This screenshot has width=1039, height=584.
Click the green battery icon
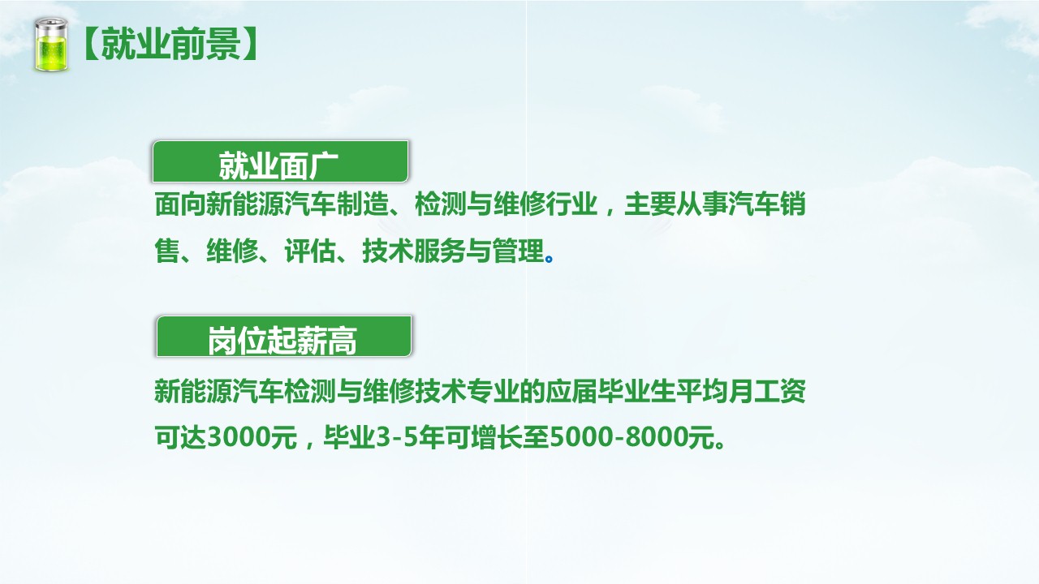(51, 45)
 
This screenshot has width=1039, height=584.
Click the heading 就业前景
(171, 44)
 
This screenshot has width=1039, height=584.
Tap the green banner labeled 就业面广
(280, 161)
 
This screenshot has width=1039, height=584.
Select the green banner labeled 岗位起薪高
(283, 337)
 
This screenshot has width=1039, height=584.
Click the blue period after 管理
(550, 259)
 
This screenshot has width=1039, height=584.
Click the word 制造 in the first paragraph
(362, 204)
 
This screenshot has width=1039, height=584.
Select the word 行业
(571, 204)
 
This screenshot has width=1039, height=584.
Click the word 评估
(310, 251)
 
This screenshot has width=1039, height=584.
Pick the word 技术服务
(414, 251)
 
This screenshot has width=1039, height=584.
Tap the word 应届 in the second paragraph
(571, 391)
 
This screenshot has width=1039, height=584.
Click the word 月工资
(767, 391)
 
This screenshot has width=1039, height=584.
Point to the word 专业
(493, 391)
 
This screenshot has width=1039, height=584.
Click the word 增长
(497, 437)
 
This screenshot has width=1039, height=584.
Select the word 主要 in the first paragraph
(650, 204)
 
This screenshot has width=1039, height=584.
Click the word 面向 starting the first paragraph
(180, 204)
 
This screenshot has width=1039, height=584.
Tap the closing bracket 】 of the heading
(250, 44)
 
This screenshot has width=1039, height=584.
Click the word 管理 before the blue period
(518, 251)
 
